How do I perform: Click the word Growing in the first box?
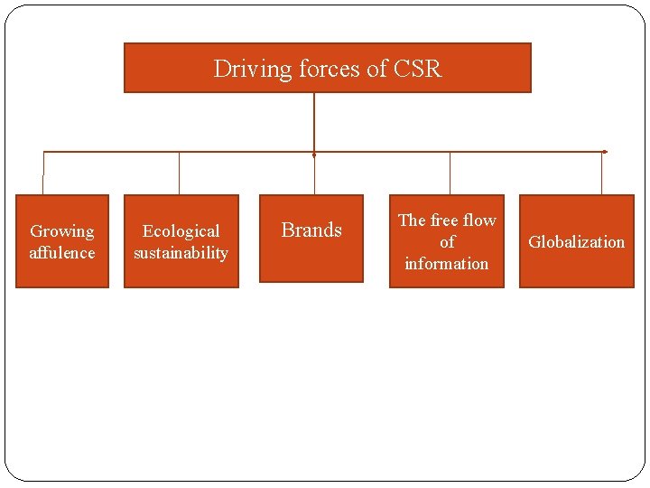pyautogui.click(x=61, y=231)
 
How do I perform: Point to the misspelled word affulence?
pyautogui.click(x=61, y=253)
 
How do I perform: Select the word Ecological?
pyautogui.click(x=181, y=231)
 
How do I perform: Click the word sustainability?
pyautogui.click(x=181, y=253)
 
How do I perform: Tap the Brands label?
pyautogui.click(x=311, y=230)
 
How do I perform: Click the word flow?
pyautogui.click(x=478, y=221)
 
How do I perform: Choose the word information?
pyautogui.click(x=446, y=264)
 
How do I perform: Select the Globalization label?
pyautogui.click(x=576, y=242)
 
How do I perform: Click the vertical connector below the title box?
pyautogui.click(x=314, y=122)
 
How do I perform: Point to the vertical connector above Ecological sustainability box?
pyautogui.click(x=179, y=173)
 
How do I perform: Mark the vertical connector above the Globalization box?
pyautogui.click(x=602, y=173)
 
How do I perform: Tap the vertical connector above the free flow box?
pyautogui.click(x=450, y=173)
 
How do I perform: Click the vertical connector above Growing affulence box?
pyautogui.click(x=43, y=173)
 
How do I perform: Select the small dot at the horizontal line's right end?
pyautogui.click(x=604, y=152)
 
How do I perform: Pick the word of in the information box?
pyautogui.click(x=447, y=242)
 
